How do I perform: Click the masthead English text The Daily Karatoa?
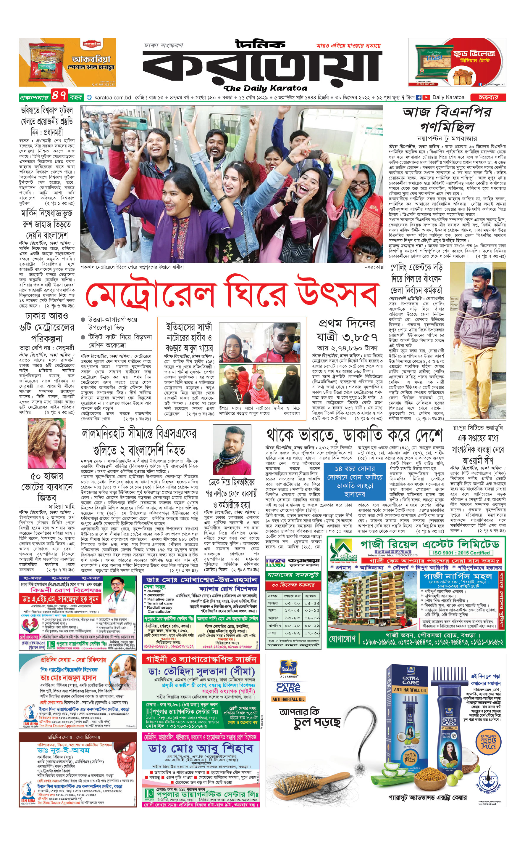pyautogui.click(x=266, y=88)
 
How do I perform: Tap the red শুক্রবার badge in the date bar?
pyautogui.click(x=488, y=97)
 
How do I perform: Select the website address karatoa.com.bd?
pyautogui.click(x=112, y=98)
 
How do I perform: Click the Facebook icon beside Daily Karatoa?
pyautogui.click(x=419, y=98)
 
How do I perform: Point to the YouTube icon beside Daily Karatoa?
pyautogui.click(x=426, y=98)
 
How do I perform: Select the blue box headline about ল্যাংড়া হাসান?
pyautogui.click(x=355, y=481)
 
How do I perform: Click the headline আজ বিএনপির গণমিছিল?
pyautogui.click(x=447, y=120)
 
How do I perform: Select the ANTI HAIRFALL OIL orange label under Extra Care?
pyautogui.click(x=289, y=699)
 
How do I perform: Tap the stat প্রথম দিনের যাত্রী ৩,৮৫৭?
pyautogui.click(x=347, y=330)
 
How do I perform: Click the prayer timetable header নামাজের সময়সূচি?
pyautogui.click(x=294, y=575)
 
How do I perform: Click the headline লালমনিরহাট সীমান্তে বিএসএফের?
pyautogui.click(x=139, y=434)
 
